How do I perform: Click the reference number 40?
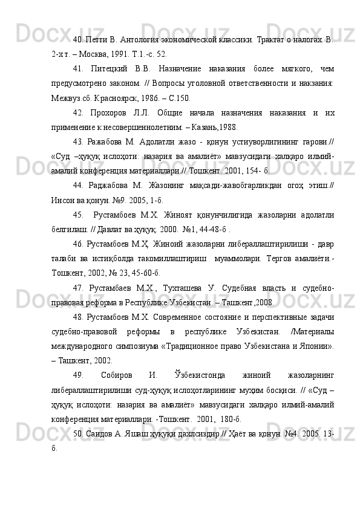click(78, 31)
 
